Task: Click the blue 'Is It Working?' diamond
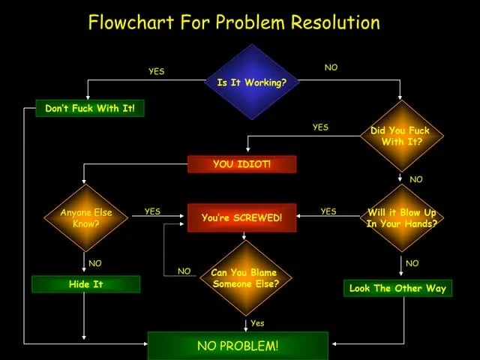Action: pyautogui.click(x=251, y=82)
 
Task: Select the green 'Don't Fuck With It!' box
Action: pyautogui.click(x=90, y=109)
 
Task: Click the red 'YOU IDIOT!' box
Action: pyautogui.click(x=241, y=164)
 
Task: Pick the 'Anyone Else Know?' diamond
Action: pyautogui.click(x=85, y=217)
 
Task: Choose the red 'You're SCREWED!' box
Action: pyautogui.click(x=241, y=217)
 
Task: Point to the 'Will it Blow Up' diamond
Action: pyautogui.click(x=401, y=217)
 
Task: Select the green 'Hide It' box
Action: pyautogui.click(x=85, y=284)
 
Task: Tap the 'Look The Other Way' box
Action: pyautogui.click(x=397, y=288)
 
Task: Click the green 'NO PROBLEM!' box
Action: pyautogui.click(x=238, y=346)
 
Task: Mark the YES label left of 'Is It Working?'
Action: pyautogui.click(x=156, y=71)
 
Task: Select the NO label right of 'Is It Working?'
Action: pyautogui.click(x=331, y=67)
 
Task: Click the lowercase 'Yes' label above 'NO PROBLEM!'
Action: pyautogui.click(x=257, y=323)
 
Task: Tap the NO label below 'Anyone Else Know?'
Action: pyautogui.click(x=94, y=263)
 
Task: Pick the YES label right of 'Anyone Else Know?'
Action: pyautogui.click(x=152, y=211)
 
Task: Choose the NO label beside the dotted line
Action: pyautogui.click(x=184, y=271)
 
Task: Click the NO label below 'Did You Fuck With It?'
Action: pyautogui.click(x=415, y=179)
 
